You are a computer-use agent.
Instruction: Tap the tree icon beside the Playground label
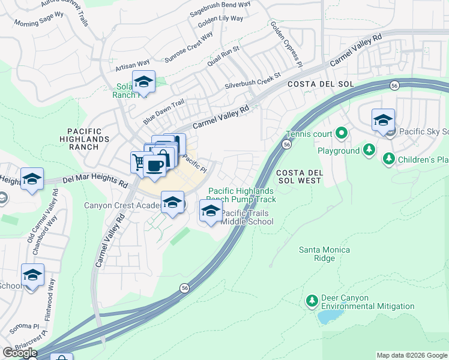370,150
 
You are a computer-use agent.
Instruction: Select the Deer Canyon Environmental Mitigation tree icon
312,300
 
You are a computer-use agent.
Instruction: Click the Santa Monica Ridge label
316,254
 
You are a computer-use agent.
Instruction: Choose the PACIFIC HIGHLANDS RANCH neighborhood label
88,135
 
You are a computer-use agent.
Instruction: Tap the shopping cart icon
139,162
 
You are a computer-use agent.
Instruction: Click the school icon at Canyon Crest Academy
172,202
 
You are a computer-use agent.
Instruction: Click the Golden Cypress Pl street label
285,43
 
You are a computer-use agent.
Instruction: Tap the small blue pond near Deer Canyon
328,316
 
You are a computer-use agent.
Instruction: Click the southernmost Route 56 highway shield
182,289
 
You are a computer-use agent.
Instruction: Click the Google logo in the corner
20,353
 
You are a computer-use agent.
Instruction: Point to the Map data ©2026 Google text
411,355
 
